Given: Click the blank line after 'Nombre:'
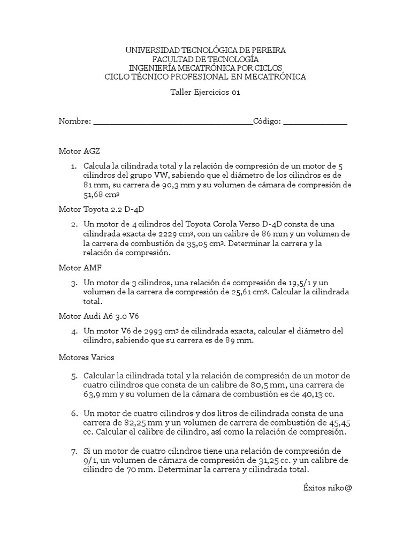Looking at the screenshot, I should (x=173, y=123).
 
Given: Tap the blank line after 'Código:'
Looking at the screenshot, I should (x=315, y=123).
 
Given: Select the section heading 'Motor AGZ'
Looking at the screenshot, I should (x=79, y=151).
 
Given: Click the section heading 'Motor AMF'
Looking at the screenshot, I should (x=80, y=267).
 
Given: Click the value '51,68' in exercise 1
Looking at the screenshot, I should (x=94, y=195).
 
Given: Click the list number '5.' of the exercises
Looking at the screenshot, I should (x=74, y=375).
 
